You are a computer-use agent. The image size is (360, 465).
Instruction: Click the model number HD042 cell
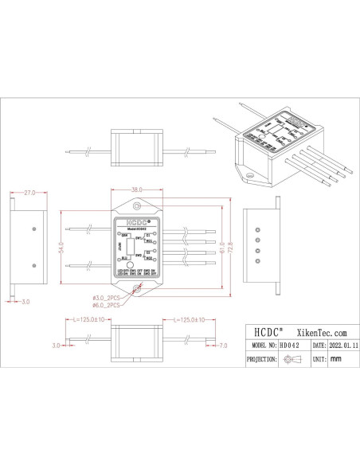290,347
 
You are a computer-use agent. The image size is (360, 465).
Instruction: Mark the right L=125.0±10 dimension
186,320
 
